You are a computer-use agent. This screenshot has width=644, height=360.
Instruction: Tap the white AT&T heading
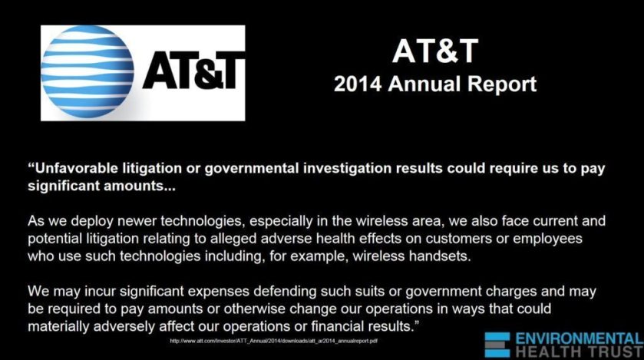click(x=434, y=51)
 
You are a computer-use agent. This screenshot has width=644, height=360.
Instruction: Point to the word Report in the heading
click(x=500, y=84)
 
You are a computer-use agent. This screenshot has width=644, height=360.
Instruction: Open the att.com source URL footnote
click(x=273, y=341)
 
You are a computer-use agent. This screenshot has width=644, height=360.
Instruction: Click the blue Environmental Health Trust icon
click(x=497, y=345)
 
